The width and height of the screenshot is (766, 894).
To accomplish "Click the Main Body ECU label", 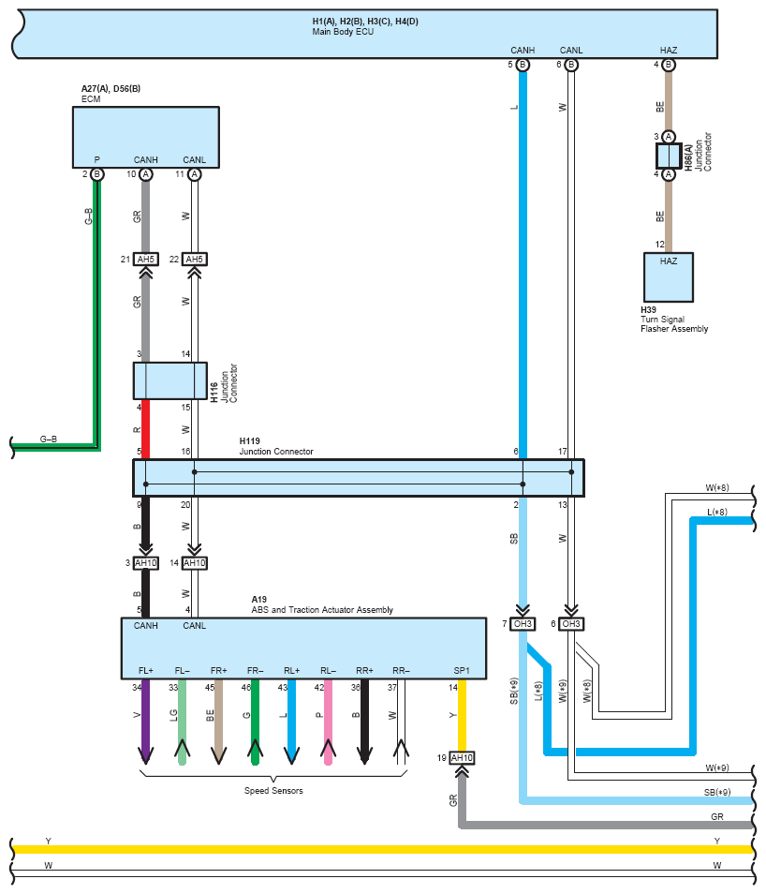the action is pos(343,32).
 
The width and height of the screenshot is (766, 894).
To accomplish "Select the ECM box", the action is pos(146,138).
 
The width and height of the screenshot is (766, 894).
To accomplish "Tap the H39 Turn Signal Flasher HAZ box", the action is pos(669,277).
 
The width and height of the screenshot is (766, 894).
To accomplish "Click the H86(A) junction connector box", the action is pos(669,156).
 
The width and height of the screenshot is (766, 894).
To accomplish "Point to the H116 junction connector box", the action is pos(169,380).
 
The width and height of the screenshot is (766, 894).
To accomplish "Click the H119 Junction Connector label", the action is pos(276,446).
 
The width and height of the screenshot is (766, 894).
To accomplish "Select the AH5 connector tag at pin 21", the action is pos(145,260).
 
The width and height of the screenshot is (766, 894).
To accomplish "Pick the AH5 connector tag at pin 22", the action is pos(195,260).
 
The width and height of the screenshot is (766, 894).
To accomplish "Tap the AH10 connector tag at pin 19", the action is pos(462,758).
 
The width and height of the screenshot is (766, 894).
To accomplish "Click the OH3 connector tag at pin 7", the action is pos(523,624).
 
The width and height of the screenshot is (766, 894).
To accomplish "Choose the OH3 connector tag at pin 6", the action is pos(571,624).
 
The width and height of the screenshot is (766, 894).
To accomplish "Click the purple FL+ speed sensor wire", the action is pos(145,722).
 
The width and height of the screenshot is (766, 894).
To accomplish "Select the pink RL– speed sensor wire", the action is pos(328,722).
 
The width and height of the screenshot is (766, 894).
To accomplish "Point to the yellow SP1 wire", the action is pos(462,715).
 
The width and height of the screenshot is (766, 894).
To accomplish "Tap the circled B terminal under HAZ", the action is pos(669,65).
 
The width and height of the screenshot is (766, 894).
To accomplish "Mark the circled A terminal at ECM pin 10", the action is pos(146,174).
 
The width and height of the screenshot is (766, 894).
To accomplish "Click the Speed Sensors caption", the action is pos(273,791).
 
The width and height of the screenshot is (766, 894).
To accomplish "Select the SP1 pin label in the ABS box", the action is pos(462,671).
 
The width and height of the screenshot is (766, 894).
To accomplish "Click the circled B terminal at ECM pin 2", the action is pos(96,174).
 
